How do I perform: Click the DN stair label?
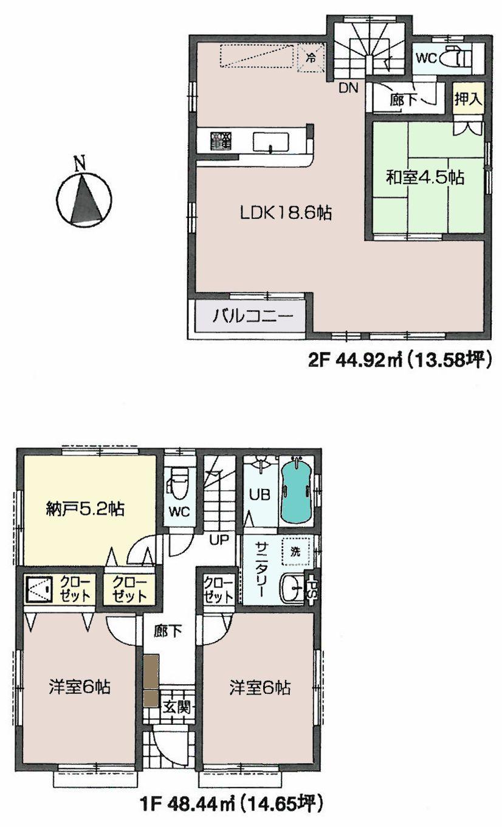coord(348,88)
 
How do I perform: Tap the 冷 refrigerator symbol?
coord(311,59)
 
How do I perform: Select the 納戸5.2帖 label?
coord(85,509)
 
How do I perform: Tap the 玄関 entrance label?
coord(177,707)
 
